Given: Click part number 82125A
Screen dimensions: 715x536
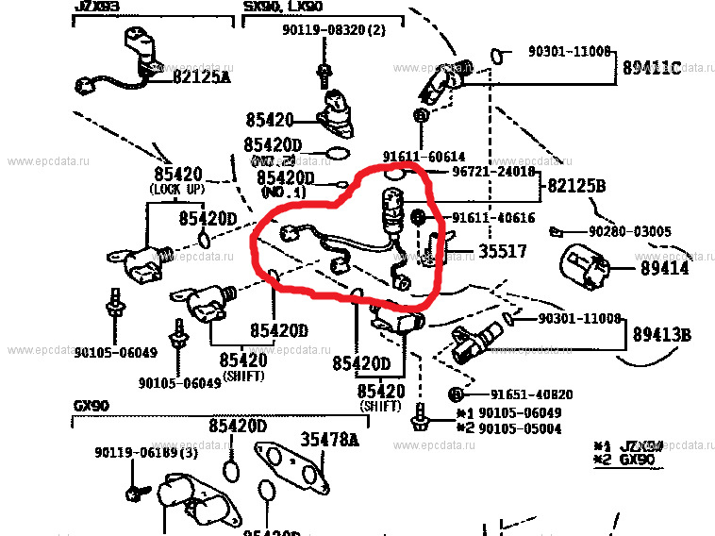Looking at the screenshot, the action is tap(201, 76).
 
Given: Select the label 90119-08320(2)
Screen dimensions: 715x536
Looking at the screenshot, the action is tap(334, 30).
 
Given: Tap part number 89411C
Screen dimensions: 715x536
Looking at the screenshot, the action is tap(650, 68).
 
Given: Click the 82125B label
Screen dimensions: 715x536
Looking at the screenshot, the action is tap(574, 186).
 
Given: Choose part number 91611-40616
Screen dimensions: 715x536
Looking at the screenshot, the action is tap(493, 219).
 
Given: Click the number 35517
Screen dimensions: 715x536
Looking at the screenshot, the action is tap(502, 253).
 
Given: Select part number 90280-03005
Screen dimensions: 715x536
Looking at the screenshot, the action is tap(630, 231).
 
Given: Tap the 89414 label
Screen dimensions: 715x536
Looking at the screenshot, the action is tap(664, 269).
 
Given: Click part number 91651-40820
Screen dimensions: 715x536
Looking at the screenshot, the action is tap(519, 394).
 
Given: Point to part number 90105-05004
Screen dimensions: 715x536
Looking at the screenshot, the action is tap(520, 428).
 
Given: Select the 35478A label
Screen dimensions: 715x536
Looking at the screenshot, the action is tap(329, 440).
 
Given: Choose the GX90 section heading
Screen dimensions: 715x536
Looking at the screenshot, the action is tap(91, 406).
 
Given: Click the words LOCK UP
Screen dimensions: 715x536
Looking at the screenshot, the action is tap(177, 189).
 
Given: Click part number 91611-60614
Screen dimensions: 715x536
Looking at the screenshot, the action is tap(424, 156).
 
